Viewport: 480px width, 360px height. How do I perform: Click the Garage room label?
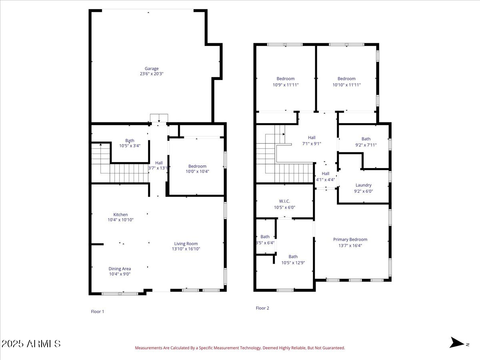coord(152,68)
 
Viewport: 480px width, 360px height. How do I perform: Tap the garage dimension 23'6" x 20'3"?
coord(152,74)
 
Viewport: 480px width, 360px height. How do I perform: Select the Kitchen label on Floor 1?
coord(120,215)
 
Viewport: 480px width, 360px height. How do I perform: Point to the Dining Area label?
coord(120,269)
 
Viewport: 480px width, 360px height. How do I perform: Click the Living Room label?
coord(186,244)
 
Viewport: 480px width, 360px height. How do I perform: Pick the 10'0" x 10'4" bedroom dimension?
coord(197,171)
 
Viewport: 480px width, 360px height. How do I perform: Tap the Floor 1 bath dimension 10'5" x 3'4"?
coord(130,146)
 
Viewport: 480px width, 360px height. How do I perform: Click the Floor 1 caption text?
coord(98,311)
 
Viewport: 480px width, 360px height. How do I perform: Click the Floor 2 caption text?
coord(262,308)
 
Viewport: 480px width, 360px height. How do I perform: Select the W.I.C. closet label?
coord(284,201)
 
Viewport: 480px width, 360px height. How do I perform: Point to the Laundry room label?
coord(363,185)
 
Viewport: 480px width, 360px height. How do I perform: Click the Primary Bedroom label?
coord(350,240)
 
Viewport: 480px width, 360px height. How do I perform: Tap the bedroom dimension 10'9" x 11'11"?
coord(285,84)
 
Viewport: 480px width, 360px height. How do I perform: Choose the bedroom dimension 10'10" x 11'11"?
coord(346,84)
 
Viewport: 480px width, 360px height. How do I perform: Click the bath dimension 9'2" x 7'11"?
coord(366,145)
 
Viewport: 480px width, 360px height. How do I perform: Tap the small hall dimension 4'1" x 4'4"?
coord(326,180)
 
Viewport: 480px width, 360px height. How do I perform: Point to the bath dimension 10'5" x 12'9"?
coord(293,262)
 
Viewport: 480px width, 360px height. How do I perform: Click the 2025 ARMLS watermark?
coord(31,344)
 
